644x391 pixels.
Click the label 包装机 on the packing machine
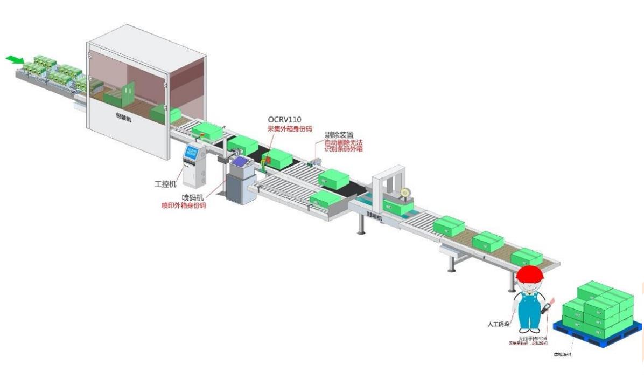[123, 118]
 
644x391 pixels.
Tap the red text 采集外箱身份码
[290, 129]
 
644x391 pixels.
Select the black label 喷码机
[192, 197]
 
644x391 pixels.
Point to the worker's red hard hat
[530, 272]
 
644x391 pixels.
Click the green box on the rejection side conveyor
[325, 199]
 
